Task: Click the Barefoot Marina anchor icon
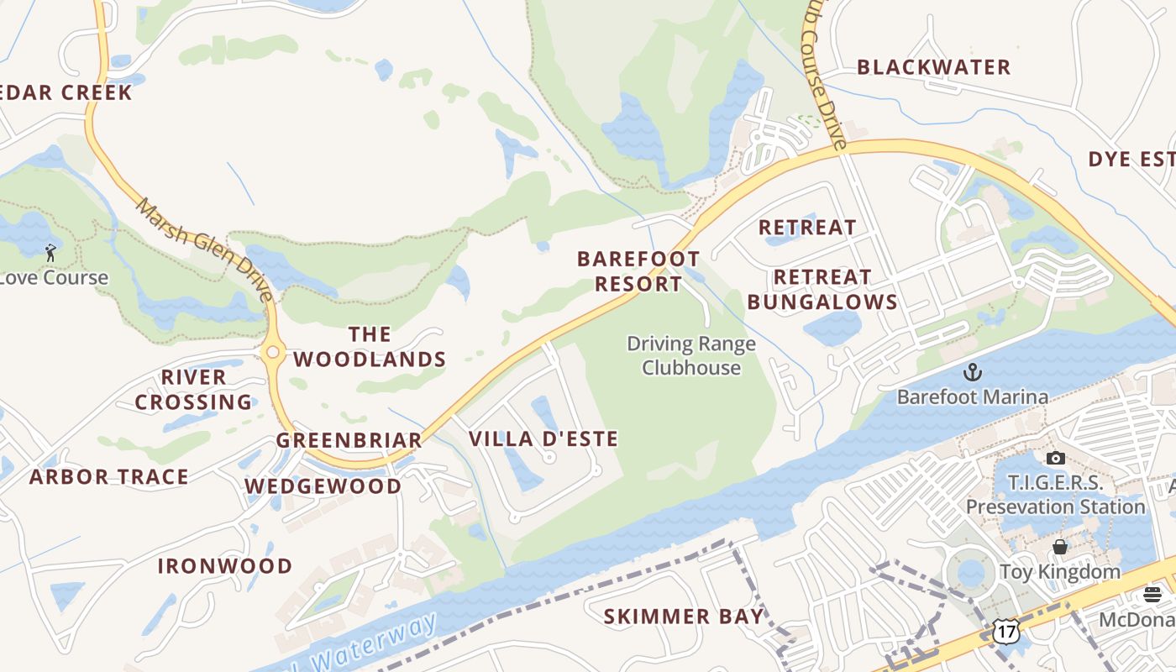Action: [972, 371]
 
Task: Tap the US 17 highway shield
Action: [1005, 630]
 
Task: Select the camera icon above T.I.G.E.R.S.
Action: [1056, 458]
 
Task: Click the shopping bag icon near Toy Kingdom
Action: [1060, 547]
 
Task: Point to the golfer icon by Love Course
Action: [50, 252]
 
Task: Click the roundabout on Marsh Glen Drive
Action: [272, 353]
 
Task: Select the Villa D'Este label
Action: [543, 438]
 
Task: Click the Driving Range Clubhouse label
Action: [691, 355]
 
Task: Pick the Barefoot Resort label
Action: [638, 271]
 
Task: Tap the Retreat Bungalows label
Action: [822, 289]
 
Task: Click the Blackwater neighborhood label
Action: [933, 67]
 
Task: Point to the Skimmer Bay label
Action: [684, 617]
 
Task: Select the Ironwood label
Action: [225, 566]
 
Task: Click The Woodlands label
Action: [370, 347]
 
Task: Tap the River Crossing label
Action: [194, 390]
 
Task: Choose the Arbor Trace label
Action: [109, 477]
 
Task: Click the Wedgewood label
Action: [323, 486]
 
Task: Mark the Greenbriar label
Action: [349, 440]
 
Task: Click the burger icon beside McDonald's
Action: [1152, 595]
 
